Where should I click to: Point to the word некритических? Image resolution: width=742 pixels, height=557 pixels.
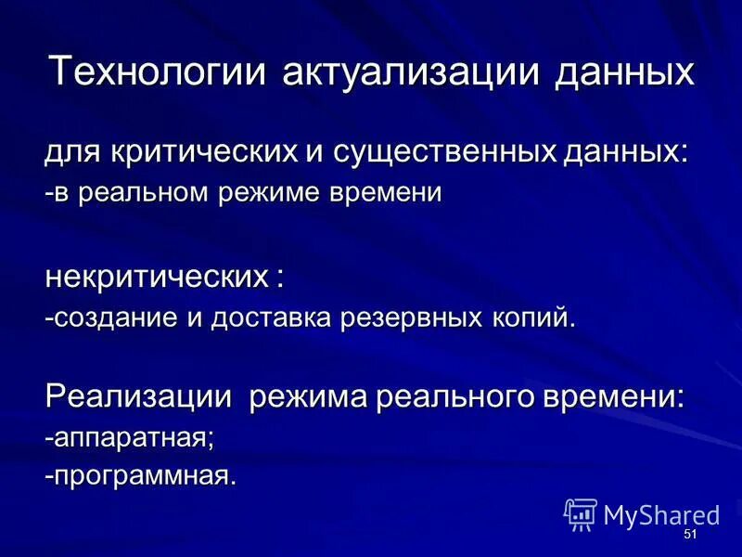[154, 276]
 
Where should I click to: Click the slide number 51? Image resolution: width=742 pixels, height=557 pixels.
[689, 536]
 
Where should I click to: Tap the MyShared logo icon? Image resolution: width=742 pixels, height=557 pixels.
[581, 513]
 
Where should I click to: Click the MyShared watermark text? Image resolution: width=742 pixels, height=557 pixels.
[661, 515]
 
